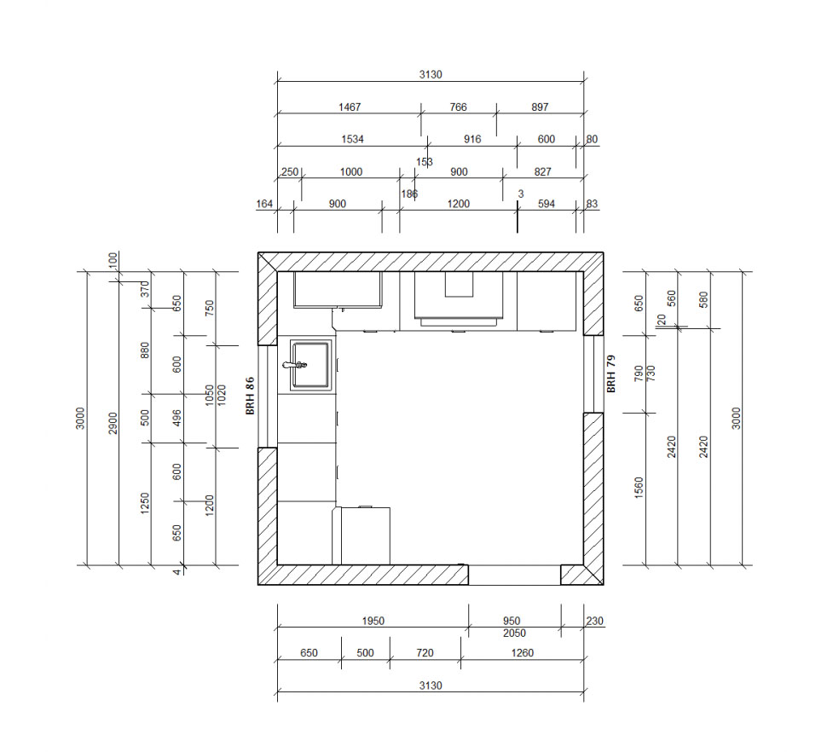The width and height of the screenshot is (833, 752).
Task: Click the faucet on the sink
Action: (x=295, y=364)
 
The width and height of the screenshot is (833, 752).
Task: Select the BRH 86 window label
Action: (x=250, y=396)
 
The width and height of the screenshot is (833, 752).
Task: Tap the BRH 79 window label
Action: (x=611, y=374)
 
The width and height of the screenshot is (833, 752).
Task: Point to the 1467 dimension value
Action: (x=350, y=107)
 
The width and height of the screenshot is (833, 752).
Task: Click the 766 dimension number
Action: (x=458, y=107)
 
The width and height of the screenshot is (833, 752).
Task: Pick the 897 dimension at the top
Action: (x=540, y=107)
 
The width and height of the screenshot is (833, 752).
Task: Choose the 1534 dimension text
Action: (x=352, y=139)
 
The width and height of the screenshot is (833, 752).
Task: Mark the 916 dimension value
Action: (x=472, y=139)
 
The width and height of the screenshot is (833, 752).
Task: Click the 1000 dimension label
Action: (x=351, y=172)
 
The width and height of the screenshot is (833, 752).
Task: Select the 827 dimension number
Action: (x=542, y=172)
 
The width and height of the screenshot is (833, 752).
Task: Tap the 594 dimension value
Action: (x=547, y=204)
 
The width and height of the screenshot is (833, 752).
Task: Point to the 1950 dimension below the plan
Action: (x=373, y=621)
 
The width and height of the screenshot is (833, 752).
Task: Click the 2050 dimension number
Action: (x=514, y=633)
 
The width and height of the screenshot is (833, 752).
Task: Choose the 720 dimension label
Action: (x=425, y=653)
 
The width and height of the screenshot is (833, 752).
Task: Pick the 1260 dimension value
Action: (x=522, y=653)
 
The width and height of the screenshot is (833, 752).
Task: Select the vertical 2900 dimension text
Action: (x=113, y=423)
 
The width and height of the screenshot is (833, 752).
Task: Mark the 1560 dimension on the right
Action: (x=639, y=488)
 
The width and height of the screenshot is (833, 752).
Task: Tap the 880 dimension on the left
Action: (x=145, y=350)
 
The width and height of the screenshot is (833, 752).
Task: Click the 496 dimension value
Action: (x=177, y=418)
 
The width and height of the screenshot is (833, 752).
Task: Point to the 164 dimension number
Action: (x=264, y=204)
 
